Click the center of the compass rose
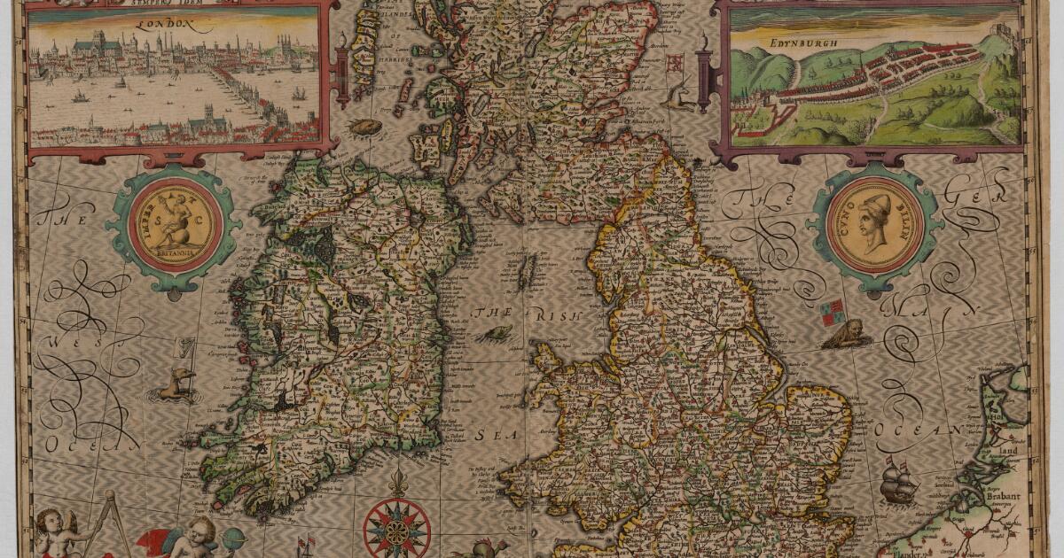pos(396,529)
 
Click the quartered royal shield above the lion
pos(832,309)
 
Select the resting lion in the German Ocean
pos(843,335)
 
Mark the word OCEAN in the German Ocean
pos(923,430)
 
